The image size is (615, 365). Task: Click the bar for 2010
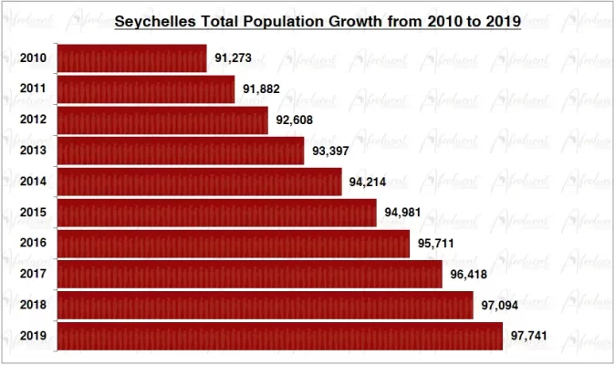131,58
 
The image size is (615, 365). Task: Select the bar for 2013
180,151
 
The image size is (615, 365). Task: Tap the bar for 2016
233,244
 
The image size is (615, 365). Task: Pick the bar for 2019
279,336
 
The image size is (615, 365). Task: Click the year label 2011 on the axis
33,89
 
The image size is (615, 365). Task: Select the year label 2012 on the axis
33,120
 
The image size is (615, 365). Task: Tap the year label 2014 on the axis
33,182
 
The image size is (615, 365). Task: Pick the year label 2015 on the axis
33,213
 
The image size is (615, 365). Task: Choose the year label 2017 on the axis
33,275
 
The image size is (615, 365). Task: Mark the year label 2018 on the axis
33,305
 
